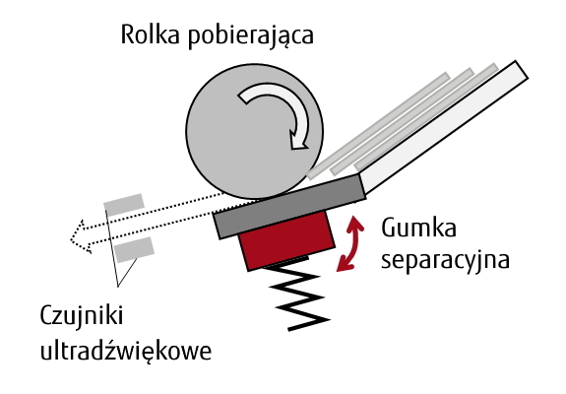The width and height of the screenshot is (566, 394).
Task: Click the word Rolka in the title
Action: tap(150, 34)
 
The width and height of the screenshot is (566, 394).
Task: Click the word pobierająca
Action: tap(250, 36)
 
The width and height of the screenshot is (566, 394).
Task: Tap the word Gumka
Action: tap(418, 228)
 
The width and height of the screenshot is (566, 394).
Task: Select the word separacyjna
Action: tap(445, 260)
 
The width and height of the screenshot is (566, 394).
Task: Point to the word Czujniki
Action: tap(82, 315)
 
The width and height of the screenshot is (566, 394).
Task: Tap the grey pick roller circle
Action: tap(254, 132)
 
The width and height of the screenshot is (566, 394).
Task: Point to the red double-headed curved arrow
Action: tap(350, 243)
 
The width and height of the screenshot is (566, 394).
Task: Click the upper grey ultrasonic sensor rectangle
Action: tap(124, 205)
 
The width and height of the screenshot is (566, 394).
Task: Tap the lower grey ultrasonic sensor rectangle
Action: tap(134, 249)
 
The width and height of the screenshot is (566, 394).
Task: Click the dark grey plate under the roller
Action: tap(289, 207)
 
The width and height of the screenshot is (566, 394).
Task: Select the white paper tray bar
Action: tap(443, 127)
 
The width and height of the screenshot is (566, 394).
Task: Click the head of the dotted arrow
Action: tap(80, 236)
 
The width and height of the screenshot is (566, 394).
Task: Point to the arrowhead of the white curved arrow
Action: tap(299, 142)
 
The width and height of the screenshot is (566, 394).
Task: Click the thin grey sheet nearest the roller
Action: tap(378, 126)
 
